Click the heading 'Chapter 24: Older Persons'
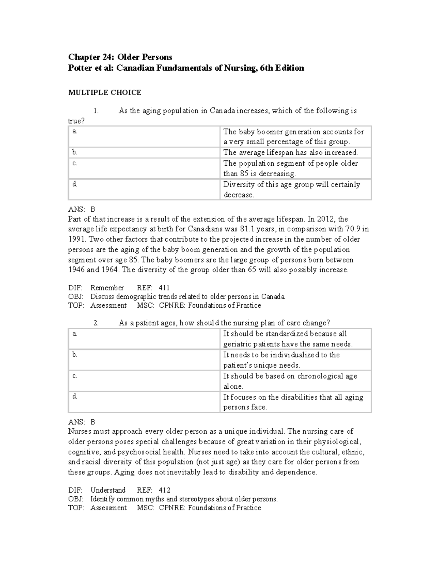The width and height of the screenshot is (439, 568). pyautogui.click(x=120, y=57)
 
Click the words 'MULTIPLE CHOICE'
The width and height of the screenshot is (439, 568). pyautogui.click(x=105, y=93)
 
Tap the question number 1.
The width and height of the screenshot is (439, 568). pyautogui.click(x=96, y=111)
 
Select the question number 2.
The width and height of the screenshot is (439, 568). pyautogui.click(x=96, y=323)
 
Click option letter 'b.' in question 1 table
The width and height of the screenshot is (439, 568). pyautogui.click(x=75, y=152)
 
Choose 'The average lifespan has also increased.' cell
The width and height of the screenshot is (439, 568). pyautogui.click(x=290, y=153)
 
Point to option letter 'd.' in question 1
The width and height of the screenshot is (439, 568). pyautogui.click(x=75, y=184)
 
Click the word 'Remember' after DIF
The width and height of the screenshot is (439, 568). pyautogui.click(x=107, y=288)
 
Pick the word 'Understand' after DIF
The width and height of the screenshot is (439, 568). pyautogui.click(x=108, y=490)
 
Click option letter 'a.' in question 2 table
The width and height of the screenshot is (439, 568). pyautogui.click(x=75, y=333)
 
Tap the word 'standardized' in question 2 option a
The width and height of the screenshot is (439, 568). pyautogui.click(x=286, y=334)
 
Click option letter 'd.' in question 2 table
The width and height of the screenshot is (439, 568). pyautogui.click(x=75, y=396)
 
